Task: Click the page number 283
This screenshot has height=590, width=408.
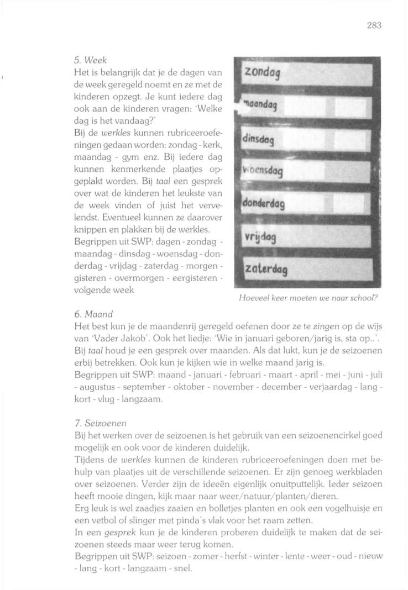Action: click(x=374, y=25)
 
